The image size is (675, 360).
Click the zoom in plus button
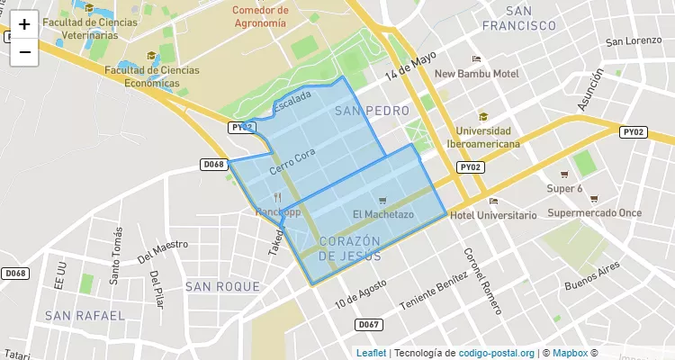(24, 24)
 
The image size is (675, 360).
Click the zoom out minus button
(24, 52)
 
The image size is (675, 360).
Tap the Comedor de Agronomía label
(259, 17)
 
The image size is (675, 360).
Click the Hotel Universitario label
(492, 215)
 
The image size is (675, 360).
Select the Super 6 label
(565, 189)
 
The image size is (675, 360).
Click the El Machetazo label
(383, 214)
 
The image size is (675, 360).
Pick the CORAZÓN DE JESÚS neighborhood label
(350, 248)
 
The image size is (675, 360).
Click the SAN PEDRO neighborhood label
(371, 111)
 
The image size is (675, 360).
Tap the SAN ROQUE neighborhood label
(222, 287)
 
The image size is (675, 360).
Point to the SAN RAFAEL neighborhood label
(85, 316)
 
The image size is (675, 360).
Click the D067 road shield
(367, 324)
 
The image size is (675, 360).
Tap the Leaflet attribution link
(371, 353)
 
